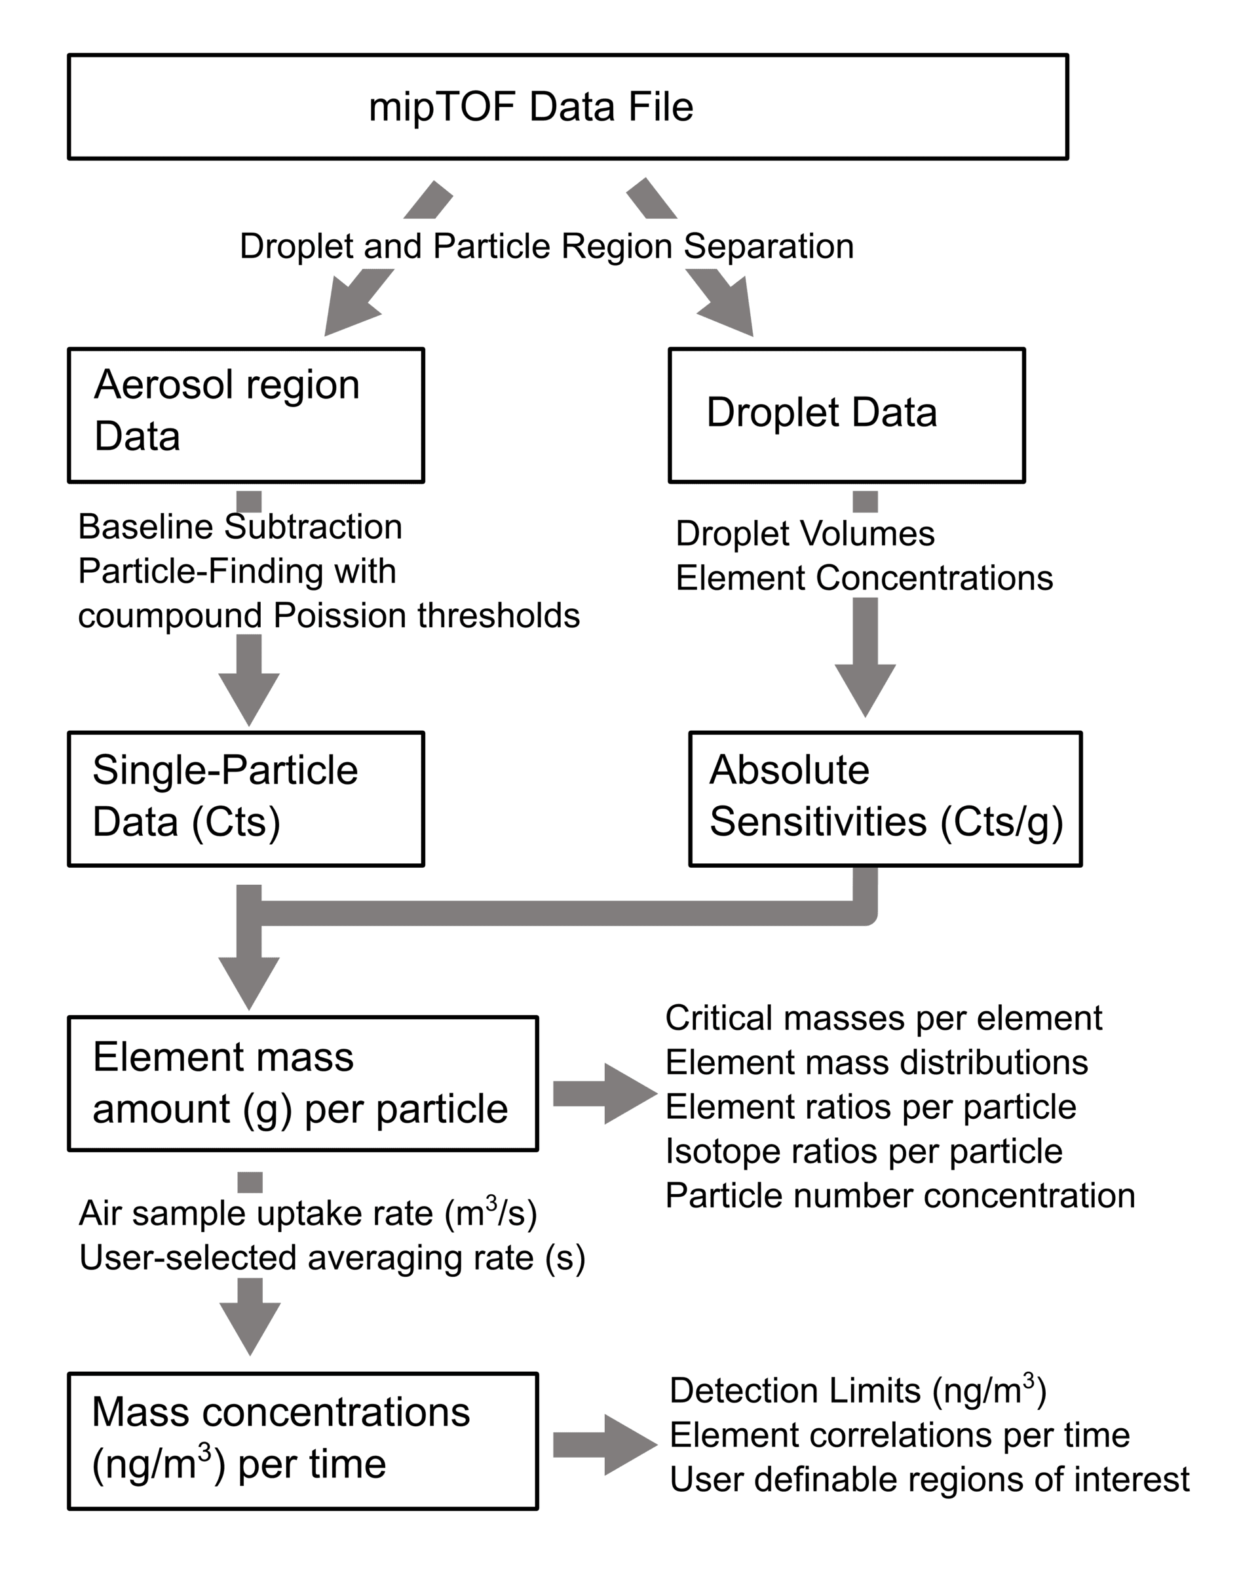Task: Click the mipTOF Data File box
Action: click(x=567, y=107)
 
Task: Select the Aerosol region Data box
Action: click(x=245, y=415)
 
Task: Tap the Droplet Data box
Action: click(x=847, y=415)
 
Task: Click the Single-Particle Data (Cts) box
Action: click(x=245, y=798)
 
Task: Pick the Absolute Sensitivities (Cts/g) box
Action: click(x=885, y=798)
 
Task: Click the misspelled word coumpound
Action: click(x=170, y=616)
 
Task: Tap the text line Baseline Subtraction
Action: click(x=240, y=528)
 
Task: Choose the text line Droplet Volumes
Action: click(x=805, y=534)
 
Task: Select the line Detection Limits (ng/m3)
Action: click(x=857, y=1391)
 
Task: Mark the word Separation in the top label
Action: click(x=768, y=246)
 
